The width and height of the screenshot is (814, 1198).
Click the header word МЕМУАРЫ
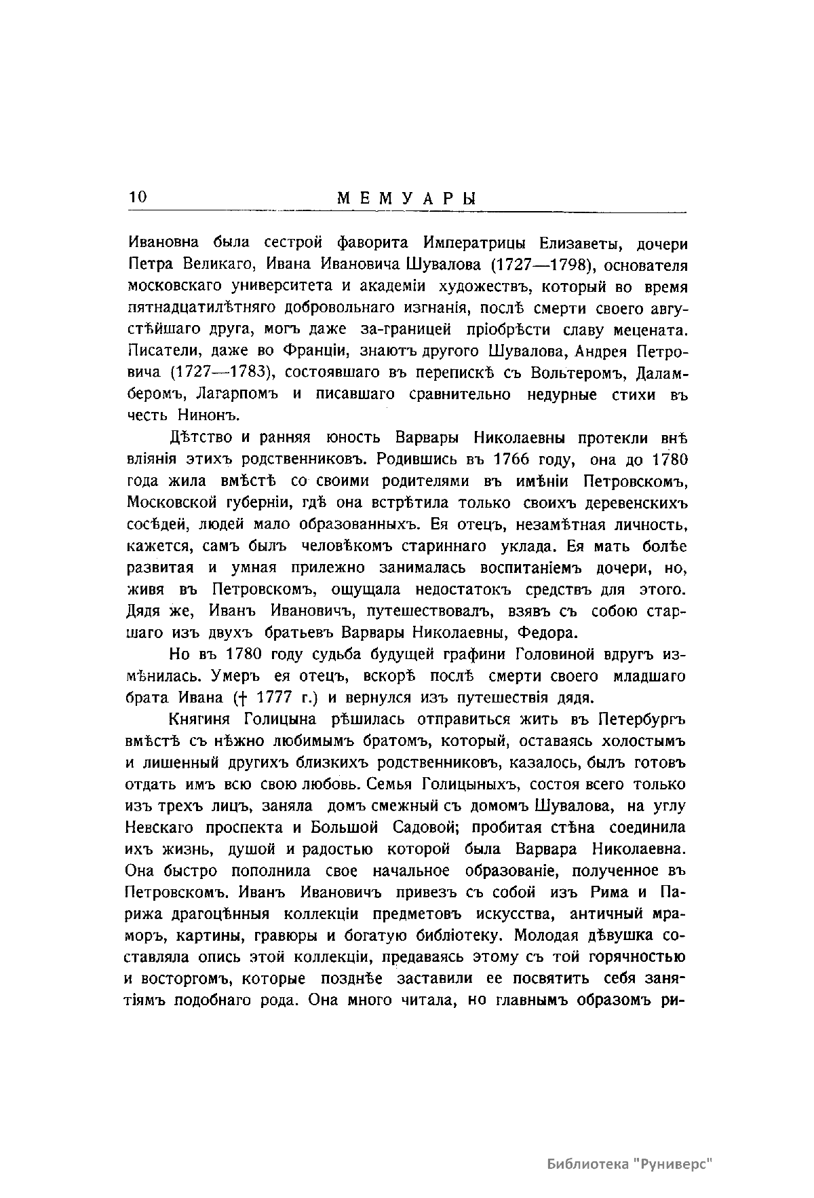(x=407, y=199)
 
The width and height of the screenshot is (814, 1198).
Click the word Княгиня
(x=200, y=719)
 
